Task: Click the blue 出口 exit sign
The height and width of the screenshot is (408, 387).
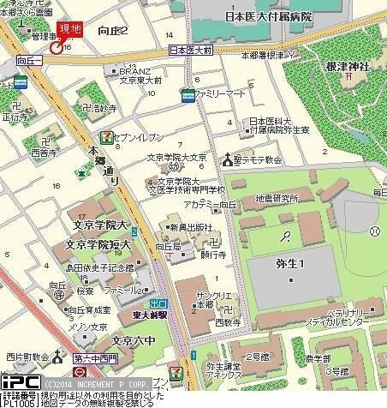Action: [158, 303]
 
